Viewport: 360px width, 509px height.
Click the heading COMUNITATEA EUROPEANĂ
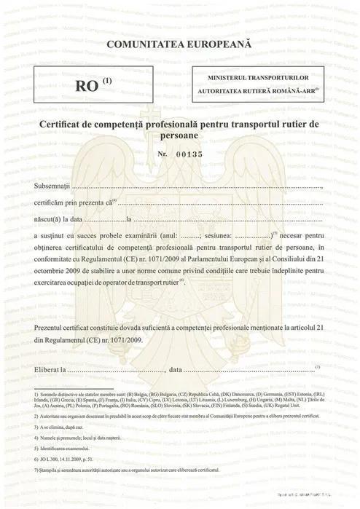point(179,44)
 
